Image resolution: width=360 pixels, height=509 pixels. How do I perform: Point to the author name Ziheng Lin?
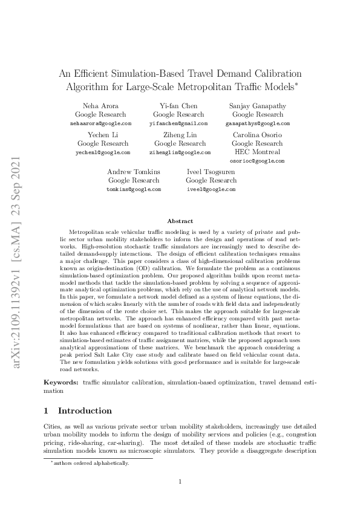pyautogui.click(x=180, y=135)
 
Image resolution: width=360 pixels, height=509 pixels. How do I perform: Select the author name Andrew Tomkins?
pyautogui.click(x=134, y=172)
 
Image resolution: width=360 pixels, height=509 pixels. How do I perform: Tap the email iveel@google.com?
pyautogui.click(x=211, y=189)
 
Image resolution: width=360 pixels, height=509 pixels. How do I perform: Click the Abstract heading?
pyautogui.click(x=180, y=222)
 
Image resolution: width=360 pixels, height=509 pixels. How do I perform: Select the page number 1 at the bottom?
pyautogui.click(x=180, y=481)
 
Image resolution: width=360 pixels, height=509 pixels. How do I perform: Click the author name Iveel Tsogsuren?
pyautogui.click(x=211, y=172)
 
